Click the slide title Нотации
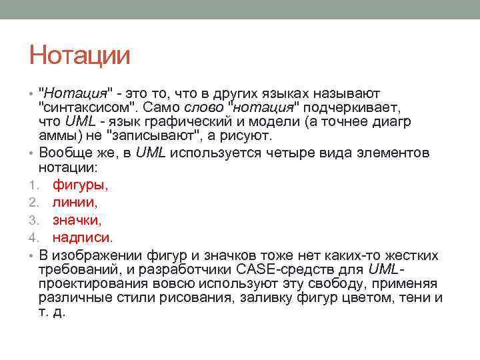click(79, 55)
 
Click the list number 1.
click(32, 185)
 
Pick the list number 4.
click(32, 237)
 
